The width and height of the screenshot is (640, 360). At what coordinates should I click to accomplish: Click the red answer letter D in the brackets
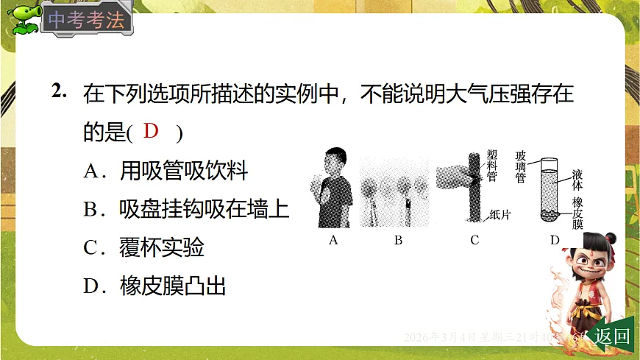(x=151, y=132)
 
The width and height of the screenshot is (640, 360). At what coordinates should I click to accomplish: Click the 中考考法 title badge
(x=87, y=21)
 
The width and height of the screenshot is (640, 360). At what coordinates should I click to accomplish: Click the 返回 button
(x=612, y=336)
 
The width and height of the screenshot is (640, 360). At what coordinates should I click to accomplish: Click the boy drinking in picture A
(x=334, y=188)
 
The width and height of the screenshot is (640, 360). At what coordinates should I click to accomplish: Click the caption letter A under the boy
(x=333, y=239)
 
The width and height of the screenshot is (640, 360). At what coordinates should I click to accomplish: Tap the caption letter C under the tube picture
(x=474, y=239)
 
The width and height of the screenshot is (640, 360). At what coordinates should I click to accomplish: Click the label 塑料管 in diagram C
(x=492, y=169)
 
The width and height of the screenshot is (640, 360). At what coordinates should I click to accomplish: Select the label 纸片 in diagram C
(x=501, y=216)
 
